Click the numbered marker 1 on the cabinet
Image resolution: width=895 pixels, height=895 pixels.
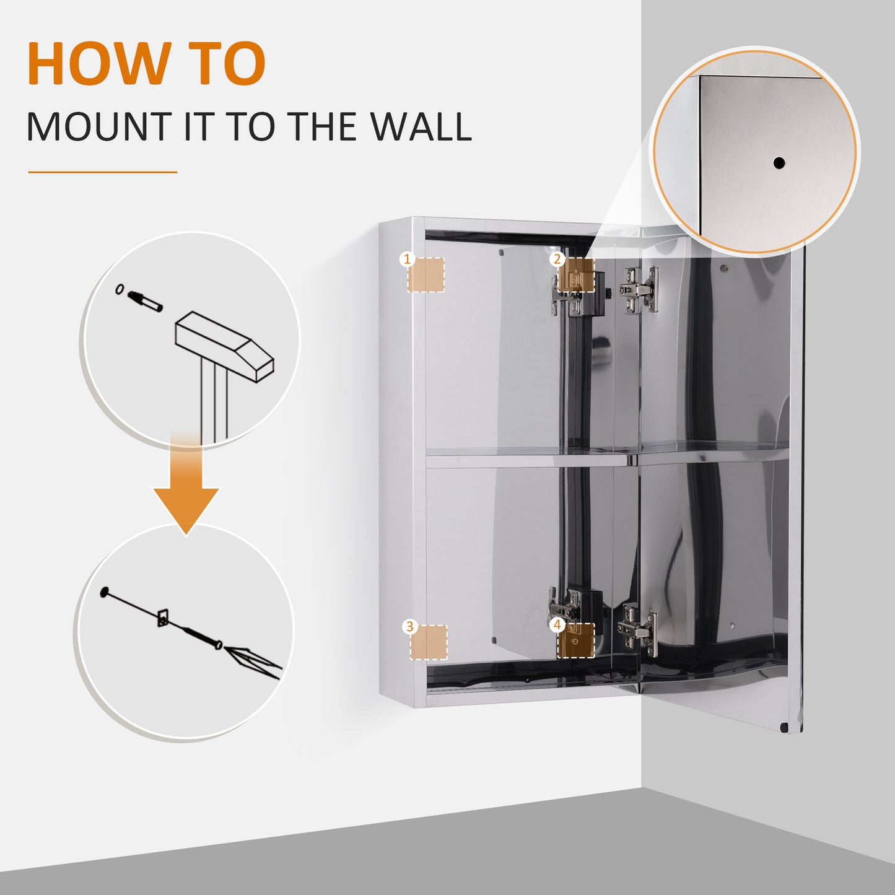407,259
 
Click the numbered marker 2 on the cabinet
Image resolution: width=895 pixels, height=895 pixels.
557,259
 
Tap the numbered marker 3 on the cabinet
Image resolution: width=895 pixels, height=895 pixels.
409,626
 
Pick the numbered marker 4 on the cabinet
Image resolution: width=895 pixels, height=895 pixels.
557,625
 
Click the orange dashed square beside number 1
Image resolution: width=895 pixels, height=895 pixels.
427,275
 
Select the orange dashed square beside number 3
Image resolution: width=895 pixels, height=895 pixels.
429,642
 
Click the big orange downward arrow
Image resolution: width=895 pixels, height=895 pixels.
186,496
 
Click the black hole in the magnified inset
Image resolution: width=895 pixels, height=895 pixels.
779,163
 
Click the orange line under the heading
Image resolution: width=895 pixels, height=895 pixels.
103,172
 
